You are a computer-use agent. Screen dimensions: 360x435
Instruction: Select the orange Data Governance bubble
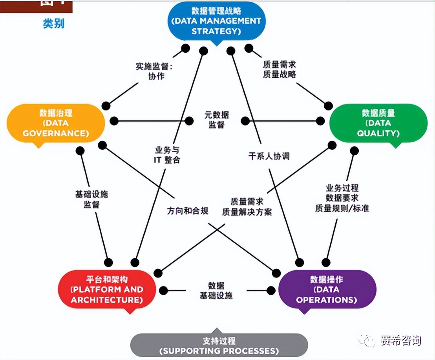(x=56, y=123)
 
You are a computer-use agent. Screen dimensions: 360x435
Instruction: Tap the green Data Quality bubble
(x=378, y=123)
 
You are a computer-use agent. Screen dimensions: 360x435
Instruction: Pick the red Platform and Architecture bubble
(x=107, y=290)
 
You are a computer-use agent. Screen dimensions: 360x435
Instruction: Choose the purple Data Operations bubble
(x=327, y=290)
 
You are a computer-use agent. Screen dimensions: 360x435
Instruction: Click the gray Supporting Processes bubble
(x=219, y=345)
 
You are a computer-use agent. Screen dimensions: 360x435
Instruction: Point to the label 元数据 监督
(x=217, y=120)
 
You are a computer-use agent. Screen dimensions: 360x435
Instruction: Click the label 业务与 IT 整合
(x=167, y=155)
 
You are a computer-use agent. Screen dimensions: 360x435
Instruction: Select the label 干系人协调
(x=269, y=156)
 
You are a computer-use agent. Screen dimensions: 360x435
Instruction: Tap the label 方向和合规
(x=187, y=211)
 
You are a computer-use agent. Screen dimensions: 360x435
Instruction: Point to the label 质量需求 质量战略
(x=279, y=69)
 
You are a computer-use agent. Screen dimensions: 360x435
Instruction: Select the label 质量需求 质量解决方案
(x=247, y=207)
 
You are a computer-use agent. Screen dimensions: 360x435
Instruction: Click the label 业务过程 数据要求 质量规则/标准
(x=342, y=198)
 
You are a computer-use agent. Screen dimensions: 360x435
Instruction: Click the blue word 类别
(x=53, y=24)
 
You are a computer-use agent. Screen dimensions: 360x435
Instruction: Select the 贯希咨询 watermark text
(x=400, y=341)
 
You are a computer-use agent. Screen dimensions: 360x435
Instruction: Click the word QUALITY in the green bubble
(x=378, y=133)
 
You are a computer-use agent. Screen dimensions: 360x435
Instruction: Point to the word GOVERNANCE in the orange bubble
(x=56, y=133)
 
